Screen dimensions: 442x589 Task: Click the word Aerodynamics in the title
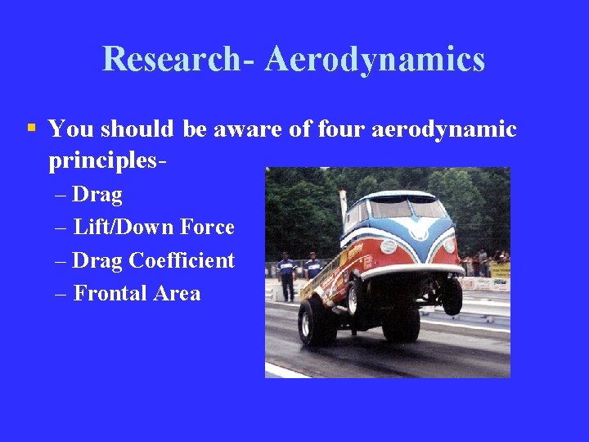pos(375,60)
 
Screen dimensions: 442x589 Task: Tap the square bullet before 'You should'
pos(31,128)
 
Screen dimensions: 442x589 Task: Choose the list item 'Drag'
pos(97,195)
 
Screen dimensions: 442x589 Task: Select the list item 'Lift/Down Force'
pos(153,227)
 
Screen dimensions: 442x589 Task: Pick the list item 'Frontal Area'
pos(137,293)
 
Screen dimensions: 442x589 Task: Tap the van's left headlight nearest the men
pos(388,246)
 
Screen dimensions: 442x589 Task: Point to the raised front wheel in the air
pos(451,296)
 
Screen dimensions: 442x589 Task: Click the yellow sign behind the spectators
pos(500,270)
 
